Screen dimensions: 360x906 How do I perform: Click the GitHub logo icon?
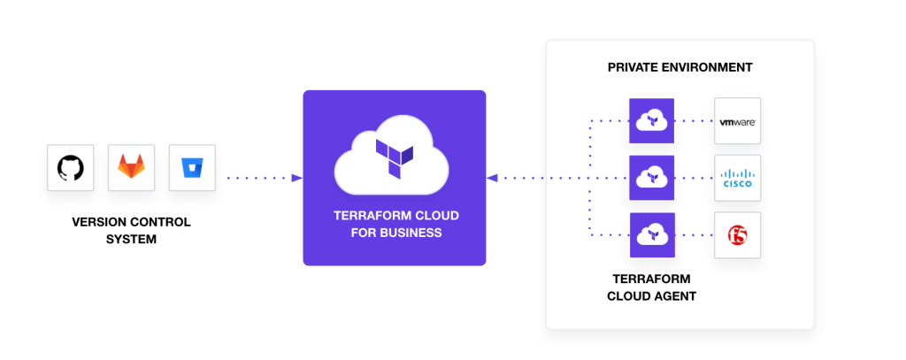[x=70, y=167]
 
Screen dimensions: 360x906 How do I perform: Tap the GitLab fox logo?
[x=131, y=167]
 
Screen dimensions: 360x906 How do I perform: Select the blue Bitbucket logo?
[x=192, y=167]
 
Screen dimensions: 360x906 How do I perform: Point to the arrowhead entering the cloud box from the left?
[x=296, y=178]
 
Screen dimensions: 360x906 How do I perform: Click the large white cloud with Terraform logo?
[x=394, y=160]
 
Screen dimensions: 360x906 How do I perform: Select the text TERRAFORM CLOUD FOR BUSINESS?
[x=395, y=224]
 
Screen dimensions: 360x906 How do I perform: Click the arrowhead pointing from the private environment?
[x=492, y=178]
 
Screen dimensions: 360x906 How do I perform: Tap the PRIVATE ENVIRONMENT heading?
[x=679, y=67]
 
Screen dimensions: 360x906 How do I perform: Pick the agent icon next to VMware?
[x=651, y=120]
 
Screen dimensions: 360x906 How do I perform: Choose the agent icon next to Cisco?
[x=651, y=178]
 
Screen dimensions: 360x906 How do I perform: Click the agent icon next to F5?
[x=651, y=234]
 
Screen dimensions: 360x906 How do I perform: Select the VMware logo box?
[x=737, y=121]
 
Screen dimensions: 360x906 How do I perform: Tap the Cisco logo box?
[x=737, y=178]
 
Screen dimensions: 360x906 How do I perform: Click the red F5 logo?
[x=737, y=234]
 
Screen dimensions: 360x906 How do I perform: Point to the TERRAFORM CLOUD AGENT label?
[x=651, y=287]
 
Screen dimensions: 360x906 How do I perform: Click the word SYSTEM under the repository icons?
[x=131, y=238]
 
